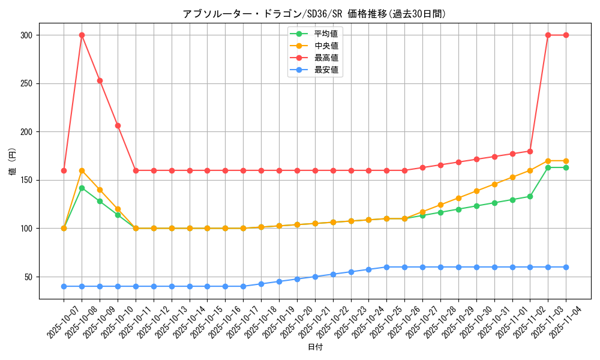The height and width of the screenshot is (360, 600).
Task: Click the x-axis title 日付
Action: (x=315, y=347)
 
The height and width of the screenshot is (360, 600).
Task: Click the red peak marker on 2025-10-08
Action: (x=82, y=35)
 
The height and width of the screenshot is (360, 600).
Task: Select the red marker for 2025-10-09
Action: (x=100, y=80)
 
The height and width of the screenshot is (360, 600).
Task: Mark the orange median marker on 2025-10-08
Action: (x=82, y=170)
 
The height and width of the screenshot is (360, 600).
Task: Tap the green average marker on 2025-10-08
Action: (x=82, y=188)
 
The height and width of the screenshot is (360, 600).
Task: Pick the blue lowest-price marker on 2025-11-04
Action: (x=566, y=267)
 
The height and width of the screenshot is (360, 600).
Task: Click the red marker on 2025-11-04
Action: (x=566, y=35)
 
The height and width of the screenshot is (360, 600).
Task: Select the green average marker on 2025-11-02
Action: (x=530, y=196)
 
